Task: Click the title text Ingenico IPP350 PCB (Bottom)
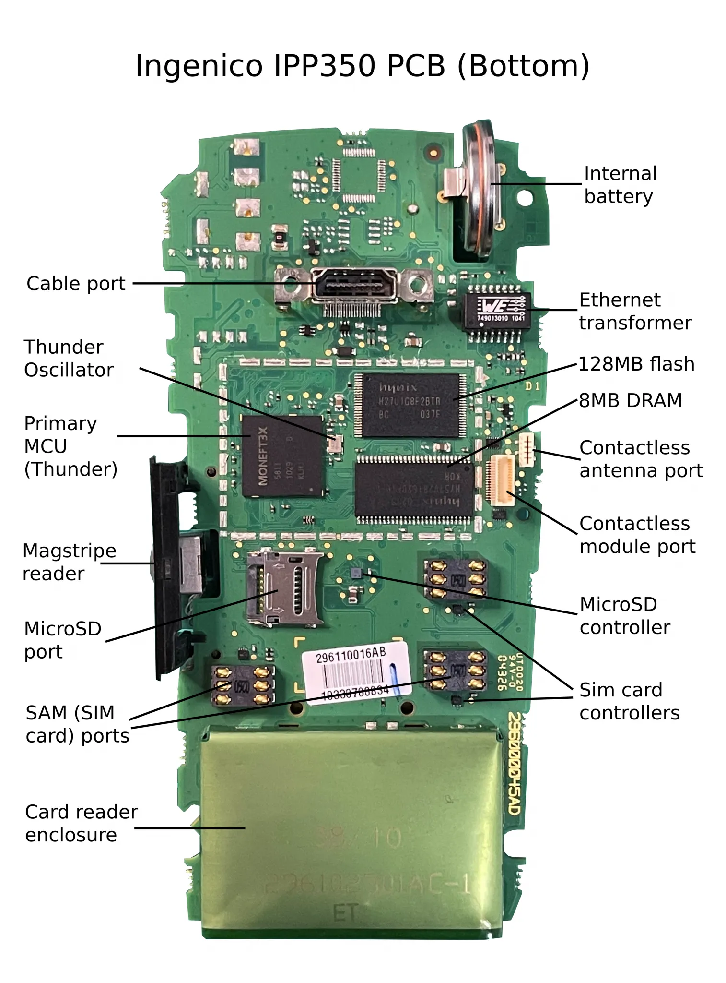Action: click(x=363, y=66)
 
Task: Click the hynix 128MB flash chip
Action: click(x=410, y=405)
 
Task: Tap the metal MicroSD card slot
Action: click(x=284, y=589)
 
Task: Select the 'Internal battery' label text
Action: click(x=620, y=185)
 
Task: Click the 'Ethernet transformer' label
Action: click(x=635, y=311)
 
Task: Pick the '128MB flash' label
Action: click(x=636, y=364)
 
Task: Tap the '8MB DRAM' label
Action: click(x=630, y=400)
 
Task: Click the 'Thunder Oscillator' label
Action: click(x=69, y=359)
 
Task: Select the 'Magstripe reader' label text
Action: click(x=69, y=562)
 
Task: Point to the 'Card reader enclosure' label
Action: click(x=81, y=823)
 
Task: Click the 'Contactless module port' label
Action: click(x=637, y=535)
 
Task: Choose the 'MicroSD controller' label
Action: click(x=624, y=616)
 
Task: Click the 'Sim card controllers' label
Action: click(x=629, y=701)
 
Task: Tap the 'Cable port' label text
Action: click(x=76, y=284)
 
